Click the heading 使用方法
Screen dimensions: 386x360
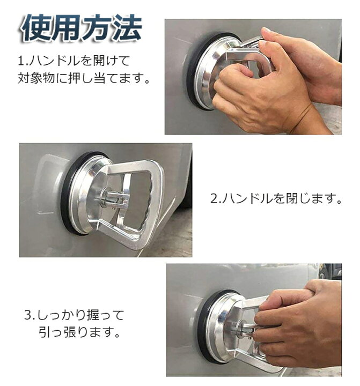[81, 28]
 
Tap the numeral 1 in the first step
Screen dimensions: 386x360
[20, 58]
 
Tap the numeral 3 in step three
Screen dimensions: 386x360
[27, 314]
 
